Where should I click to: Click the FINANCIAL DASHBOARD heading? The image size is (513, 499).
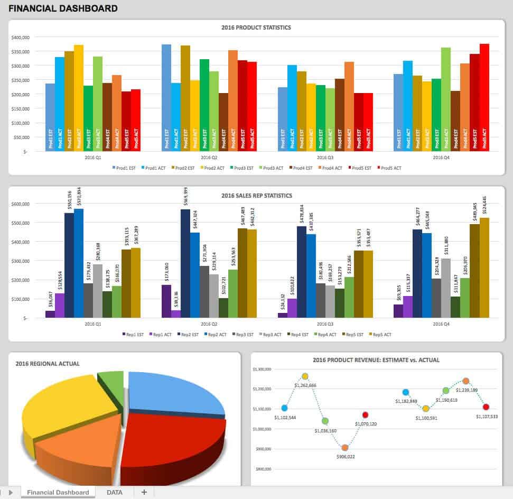[x=63, y=8]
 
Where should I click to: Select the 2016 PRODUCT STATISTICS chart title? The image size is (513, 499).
[x=256, y=27]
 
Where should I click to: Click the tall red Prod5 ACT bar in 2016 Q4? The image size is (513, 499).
[x=484, y=98]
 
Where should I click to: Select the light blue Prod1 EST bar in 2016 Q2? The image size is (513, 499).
[x=166, y=98]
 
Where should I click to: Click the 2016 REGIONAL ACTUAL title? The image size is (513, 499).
[x=48, y=364]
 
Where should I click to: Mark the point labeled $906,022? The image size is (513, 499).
[x=345, y=448]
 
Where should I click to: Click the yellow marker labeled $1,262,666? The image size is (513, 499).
[x=305, y=376]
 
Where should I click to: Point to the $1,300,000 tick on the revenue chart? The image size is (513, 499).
[x=262, y=369]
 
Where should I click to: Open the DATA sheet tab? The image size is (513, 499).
[x=115, y=492]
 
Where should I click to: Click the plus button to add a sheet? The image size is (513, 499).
[x=144, y=492]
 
